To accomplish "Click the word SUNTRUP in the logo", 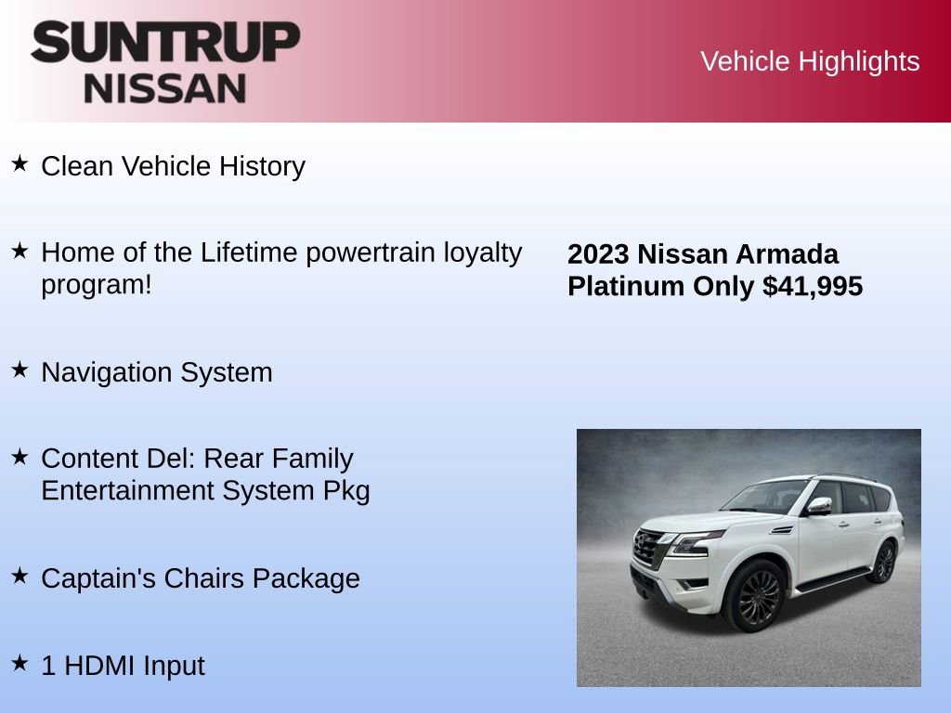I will tap(165, 43).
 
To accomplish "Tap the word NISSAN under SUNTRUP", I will tap(165, 88).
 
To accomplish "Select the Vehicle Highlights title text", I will tap(810, 61).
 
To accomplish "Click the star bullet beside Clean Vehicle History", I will tap(20, 164).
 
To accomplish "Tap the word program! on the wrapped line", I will tap(96, 284).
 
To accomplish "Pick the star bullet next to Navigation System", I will tap(20, 369).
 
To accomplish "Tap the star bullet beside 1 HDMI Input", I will tap(20, 663).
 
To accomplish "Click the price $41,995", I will tap(813, 286).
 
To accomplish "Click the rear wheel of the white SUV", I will tap(883, 562).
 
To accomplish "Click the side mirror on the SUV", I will tap(818, 506).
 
